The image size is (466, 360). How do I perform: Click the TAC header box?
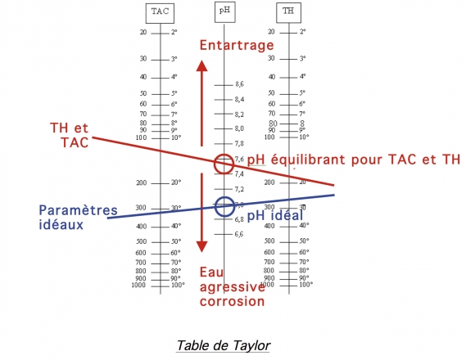[161, 11]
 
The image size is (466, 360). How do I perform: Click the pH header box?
[224, 11]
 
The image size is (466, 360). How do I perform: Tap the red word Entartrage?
[237, 46]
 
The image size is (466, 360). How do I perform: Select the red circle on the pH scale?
[224, 164]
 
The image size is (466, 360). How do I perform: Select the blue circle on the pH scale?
[224, 206]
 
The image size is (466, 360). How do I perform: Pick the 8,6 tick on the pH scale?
[239, 84]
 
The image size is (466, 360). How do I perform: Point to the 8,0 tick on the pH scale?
[239, 128]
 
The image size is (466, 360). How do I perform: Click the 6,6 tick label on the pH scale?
[239, 234]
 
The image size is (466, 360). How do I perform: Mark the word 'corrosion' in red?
[232, 301]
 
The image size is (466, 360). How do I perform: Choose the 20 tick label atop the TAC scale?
[143, 32]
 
